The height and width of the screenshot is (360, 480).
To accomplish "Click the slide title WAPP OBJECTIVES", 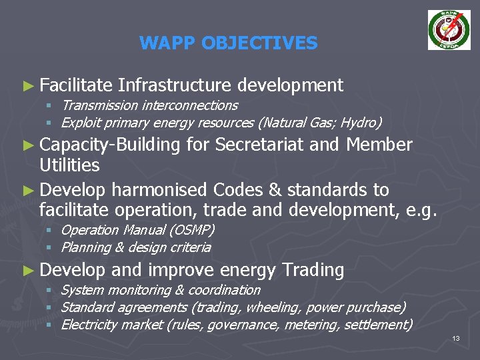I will click(229, 44).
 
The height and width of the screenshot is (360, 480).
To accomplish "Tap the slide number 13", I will click(456, 339).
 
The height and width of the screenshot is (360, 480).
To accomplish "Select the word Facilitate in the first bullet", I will click(75, 85).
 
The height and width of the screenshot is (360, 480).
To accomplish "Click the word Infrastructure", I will click(174, 85).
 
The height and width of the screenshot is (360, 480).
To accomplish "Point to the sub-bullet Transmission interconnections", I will click(149, 105).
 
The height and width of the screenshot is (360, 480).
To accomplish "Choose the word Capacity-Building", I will click(110, 145).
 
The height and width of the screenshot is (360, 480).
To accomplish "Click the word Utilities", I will click(69, 165).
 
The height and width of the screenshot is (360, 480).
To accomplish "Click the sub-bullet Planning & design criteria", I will click(136, 247).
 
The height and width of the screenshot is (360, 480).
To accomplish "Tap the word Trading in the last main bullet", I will click(313, 270).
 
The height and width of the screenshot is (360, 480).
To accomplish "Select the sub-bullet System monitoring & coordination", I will click(161, 290).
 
